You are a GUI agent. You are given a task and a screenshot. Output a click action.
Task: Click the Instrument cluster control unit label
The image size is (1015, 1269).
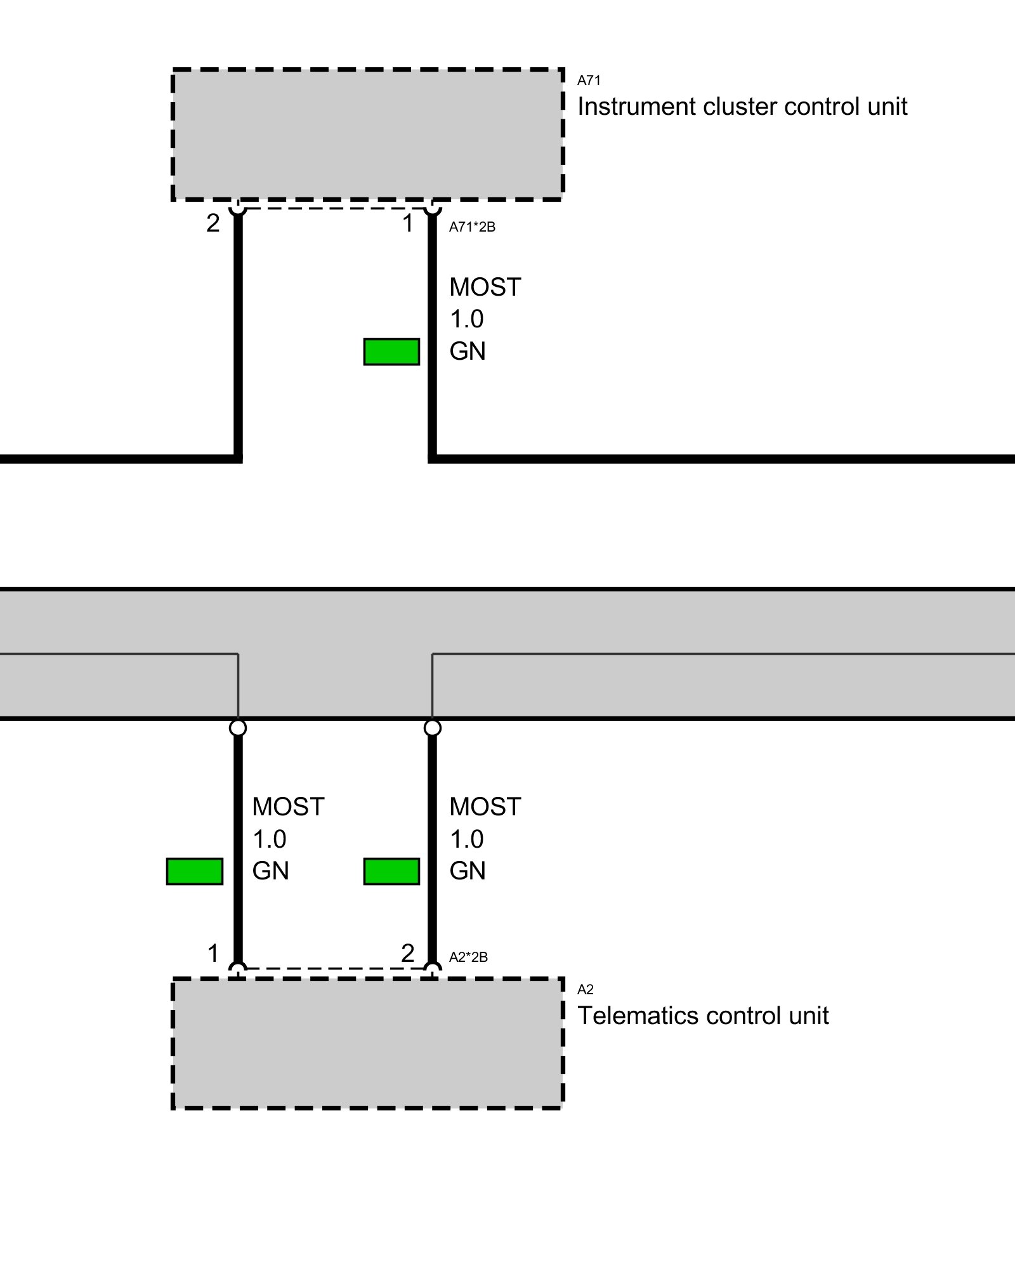742,107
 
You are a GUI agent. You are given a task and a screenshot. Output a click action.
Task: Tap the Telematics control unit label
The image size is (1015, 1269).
702,1016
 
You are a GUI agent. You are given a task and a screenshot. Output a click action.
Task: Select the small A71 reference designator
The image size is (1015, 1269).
589,81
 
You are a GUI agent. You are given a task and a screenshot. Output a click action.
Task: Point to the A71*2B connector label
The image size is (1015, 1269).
472,227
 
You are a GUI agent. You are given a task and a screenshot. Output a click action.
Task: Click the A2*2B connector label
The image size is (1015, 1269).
468,957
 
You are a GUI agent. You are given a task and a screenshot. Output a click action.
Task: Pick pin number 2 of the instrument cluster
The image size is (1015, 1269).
213,223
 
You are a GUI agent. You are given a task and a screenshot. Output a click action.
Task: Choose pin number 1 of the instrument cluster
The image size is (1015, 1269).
408,223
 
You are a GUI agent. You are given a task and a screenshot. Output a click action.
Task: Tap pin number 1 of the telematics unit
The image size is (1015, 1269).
213,953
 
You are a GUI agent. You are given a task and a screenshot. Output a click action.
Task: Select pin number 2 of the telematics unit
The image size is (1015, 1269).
407,953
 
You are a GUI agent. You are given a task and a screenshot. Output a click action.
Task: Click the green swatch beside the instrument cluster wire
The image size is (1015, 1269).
391,352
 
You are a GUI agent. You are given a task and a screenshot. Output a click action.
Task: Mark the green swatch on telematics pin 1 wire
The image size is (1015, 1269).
194,871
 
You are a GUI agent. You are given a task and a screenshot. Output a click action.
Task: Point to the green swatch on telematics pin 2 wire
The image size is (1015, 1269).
391,871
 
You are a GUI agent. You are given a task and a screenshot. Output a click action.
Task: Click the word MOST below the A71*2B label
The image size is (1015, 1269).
485,287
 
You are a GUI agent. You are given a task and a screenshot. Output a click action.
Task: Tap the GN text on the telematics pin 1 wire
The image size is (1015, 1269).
270,871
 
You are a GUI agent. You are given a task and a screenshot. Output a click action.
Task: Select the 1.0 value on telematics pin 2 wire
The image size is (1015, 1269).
466,839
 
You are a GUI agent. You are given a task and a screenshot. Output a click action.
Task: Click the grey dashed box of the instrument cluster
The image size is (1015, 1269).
367,135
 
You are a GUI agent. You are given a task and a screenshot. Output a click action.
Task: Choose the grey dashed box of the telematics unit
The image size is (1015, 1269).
367,1043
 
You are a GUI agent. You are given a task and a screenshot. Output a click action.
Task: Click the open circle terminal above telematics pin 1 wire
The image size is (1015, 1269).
238,727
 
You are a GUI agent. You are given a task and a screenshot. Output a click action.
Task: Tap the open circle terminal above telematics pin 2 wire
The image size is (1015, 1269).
432,727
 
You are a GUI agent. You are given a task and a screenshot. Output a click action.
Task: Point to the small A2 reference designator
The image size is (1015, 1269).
585,989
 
